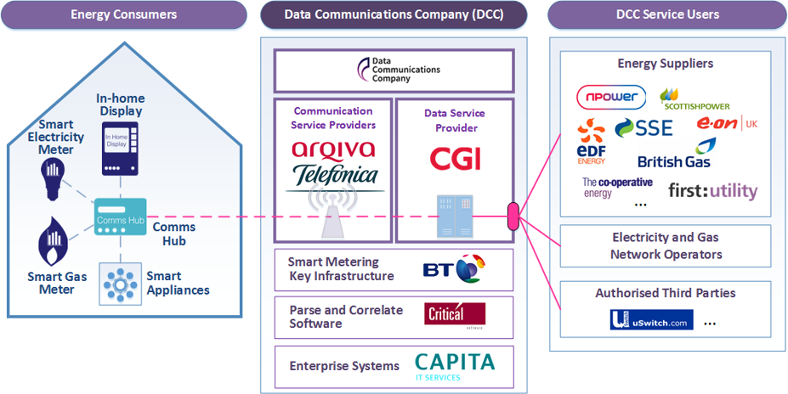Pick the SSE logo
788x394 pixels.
coord(643,128)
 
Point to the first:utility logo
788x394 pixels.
coord(712,190)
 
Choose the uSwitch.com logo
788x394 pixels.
coord(651,320)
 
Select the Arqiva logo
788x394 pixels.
coord(332,149)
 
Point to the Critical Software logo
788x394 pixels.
coord(455,315)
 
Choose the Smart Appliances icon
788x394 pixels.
coord(118,281)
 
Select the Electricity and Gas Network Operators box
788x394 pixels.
coord(666,246)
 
